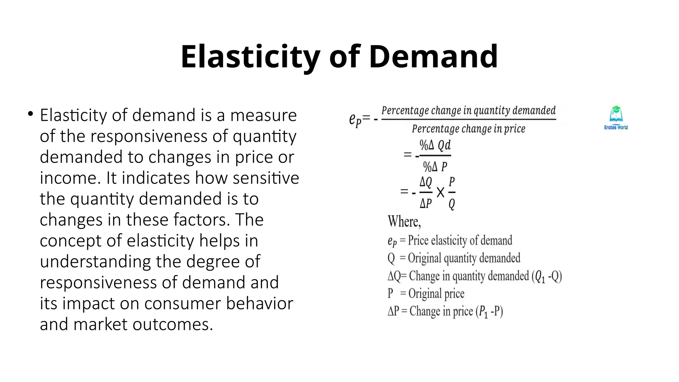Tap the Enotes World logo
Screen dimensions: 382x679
click(x=616, y=118)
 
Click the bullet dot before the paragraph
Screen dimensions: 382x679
click(x=31, y=114)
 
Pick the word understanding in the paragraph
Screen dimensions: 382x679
click(x=95, y=262)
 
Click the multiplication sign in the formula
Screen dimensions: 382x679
click(x=440, y=192)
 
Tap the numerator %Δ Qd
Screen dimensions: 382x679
click(x=435, y=145)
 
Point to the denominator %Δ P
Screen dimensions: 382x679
click(x=435, y=166)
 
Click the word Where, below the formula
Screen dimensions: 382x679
click(x=404, y=222)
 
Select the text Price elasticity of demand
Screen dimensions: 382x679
click(x=460, y=240)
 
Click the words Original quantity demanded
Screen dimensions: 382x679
click(x=464, y=258)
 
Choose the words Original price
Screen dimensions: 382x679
click(x=436, y=293)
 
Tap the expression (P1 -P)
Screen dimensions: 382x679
click(x=489, y=311)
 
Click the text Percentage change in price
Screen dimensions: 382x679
click(x=468, y=129)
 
